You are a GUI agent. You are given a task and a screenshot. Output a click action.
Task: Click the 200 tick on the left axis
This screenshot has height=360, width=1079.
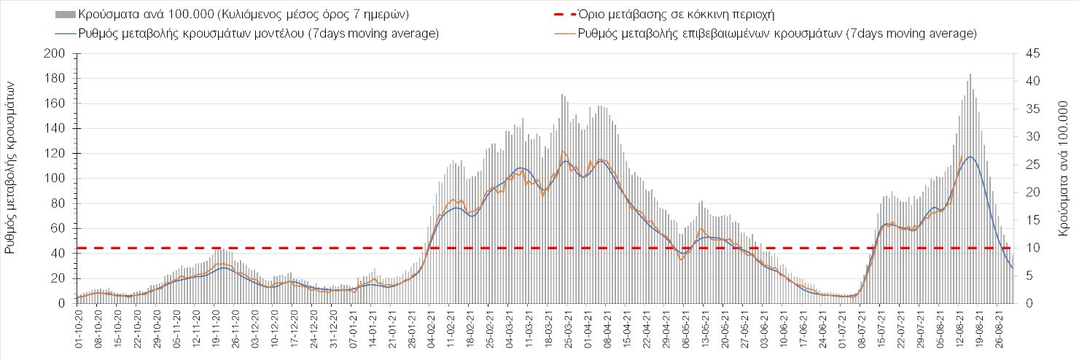point(55,54)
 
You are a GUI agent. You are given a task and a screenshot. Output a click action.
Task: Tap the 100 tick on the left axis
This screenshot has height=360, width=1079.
point(55,179)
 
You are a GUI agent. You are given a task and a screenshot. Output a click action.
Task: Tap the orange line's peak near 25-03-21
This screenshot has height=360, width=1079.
point(564,152)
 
